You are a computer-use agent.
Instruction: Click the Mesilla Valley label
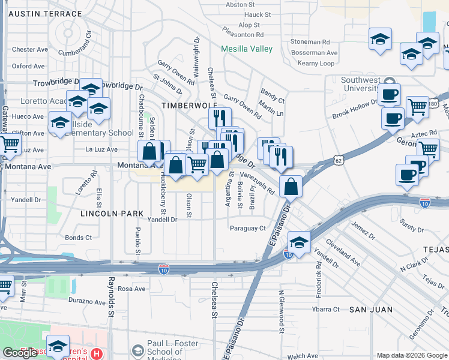(x=247, y=49)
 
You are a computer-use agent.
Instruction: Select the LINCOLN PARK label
(x=113, y=214)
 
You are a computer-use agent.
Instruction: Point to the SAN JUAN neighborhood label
(x=371, y=310)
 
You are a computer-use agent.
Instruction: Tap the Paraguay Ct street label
(x=247, y=228)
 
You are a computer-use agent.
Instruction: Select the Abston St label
(x=241, y=5)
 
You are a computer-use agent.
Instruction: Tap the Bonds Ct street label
(x=79, y=238)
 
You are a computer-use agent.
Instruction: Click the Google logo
(x=20, y=353)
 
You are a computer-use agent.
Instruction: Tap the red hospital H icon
(x=97, y=355)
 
